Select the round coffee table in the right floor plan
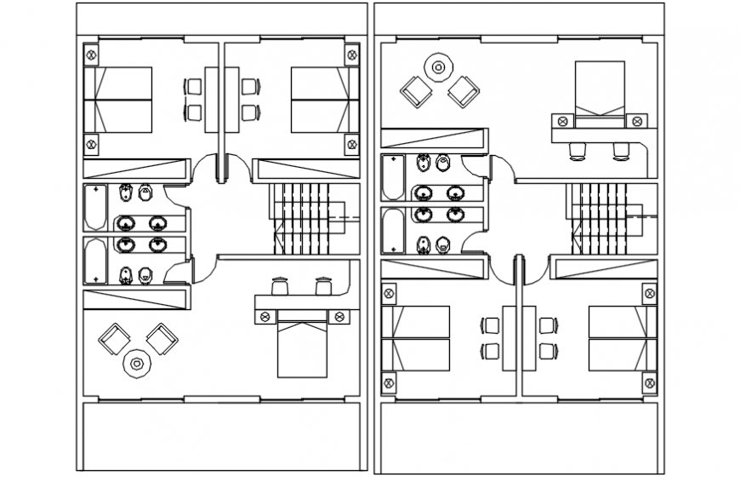(439, 66)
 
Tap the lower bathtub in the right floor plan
(392, 231)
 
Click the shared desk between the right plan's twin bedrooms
(515, 337)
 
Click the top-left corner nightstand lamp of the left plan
(92, 54)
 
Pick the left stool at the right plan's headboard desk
(578, 151)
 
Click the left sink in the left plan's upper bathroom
(127, 224)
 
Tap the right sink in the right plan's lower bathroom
(457, 215)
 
